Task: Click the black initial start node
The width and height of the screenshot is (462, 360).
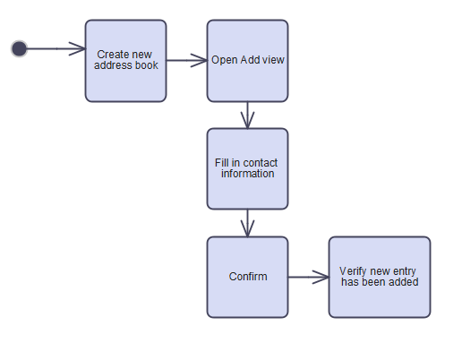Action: (x=19, y=48)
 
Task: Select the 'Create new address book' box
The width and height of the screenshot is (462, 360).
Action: (x=125, y=61)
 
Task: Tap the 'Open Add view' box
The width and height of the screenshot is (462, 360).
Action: (x=247, y=61)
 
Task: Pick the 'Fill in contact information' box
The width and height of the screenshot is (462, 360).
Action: (x=247, y=168)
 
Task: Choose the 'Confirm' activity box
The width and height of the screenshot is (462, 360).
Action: (x=247, y=277)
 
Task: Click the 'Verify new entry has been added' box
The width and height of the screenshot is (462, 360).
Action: (x=380, y=277)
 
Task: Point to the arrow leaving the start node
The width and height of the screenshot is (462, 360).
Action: (x=56, y=48)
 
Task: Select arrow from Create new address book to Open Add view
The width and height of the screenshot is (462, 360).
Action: (x=187, y=60)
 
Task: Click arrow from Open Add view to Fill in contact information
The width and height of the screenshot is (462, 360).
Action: (x=247, y=116)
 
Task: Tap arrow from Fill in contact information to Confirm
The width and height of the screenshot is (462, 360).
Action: (x=247, y=223)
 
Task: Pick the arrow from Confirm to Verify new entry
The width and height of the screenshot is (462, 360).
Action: (x=309, y=277)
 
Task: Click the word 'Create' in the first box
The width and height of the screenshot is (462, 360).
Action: (x=109, y=55)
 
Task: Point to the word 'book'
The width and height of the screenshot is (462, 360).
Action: (x=147, y=65)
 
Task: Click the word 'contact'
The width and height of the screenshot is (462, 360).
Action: (x=260, y=163)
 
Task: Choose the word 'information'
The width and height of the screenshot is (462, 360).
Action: (x=247, y=174)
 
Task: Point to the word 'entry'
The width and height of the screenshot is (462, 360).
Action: (x=405, y=271)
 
